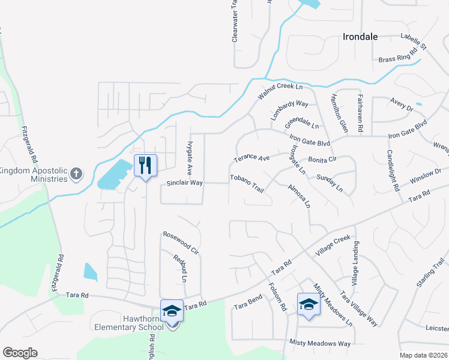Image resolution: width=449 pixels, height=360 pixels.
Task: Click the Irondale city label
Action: (x=360, y=37)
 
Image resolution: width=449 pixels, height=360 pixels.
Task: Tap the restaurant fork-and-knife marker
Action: (x=145, y=166)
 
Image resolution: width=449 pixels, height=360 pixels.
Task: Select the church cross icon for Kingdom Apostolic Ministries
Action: (x=76, y=174)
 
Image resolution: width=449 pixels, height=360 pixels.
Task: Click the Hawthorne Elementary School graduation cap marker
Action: (x=172, y=311)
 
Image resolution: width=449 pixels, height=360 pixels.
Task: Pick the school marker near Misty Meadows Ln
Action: (x=309, y=304)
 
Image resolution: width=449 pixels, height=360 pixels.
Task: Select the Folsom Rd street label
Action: (x=277, y=296)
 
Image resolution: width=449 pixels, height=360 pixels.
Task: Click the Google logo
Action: (x=20, y=353)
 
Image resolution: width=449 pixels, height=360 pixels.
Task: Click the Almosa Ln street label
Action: (x=299, y=196)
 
